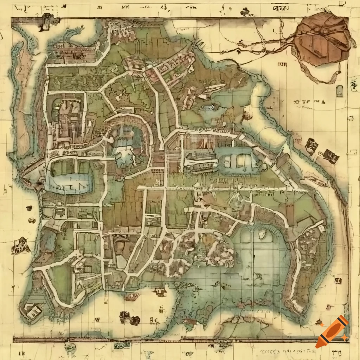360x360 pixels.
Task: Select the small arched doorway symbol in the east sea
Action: (340, 91)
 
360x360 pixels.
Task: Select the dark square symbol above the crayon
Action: (337, 281)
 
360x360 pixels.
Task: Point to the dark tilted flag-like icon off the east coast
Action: (330, 156)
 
